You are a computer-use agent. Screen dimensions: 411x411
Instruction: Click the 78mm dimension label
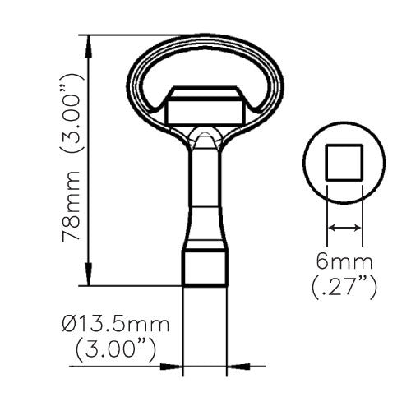coord(71,206)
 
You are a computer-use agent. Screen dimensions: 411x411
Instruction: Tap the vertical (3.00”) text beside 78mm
coord(71,113)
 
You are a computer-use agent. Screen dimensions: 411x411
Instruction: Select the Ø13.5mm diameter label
coord(116,325)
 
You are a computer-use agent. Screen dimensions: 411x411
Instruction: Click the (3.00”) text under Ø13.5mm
coord(116,350)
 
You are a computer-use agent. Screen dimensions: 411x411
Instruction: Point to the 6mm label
coord(344,261)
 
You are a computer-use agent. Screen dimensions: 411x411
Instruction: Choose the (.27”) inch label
coord(344,288)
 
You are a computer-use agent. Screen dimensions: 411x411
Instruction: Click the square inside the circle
coord(344,163)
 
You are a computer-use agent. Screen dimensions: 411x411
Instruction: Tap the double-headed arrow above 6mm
coord(344,228)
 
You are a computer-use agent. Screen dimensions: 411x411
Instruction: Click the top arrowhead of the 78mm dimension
coord(88,47)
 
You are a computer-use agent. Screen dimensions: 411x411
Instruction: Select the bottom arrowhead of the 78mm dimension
coord(88,275)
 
